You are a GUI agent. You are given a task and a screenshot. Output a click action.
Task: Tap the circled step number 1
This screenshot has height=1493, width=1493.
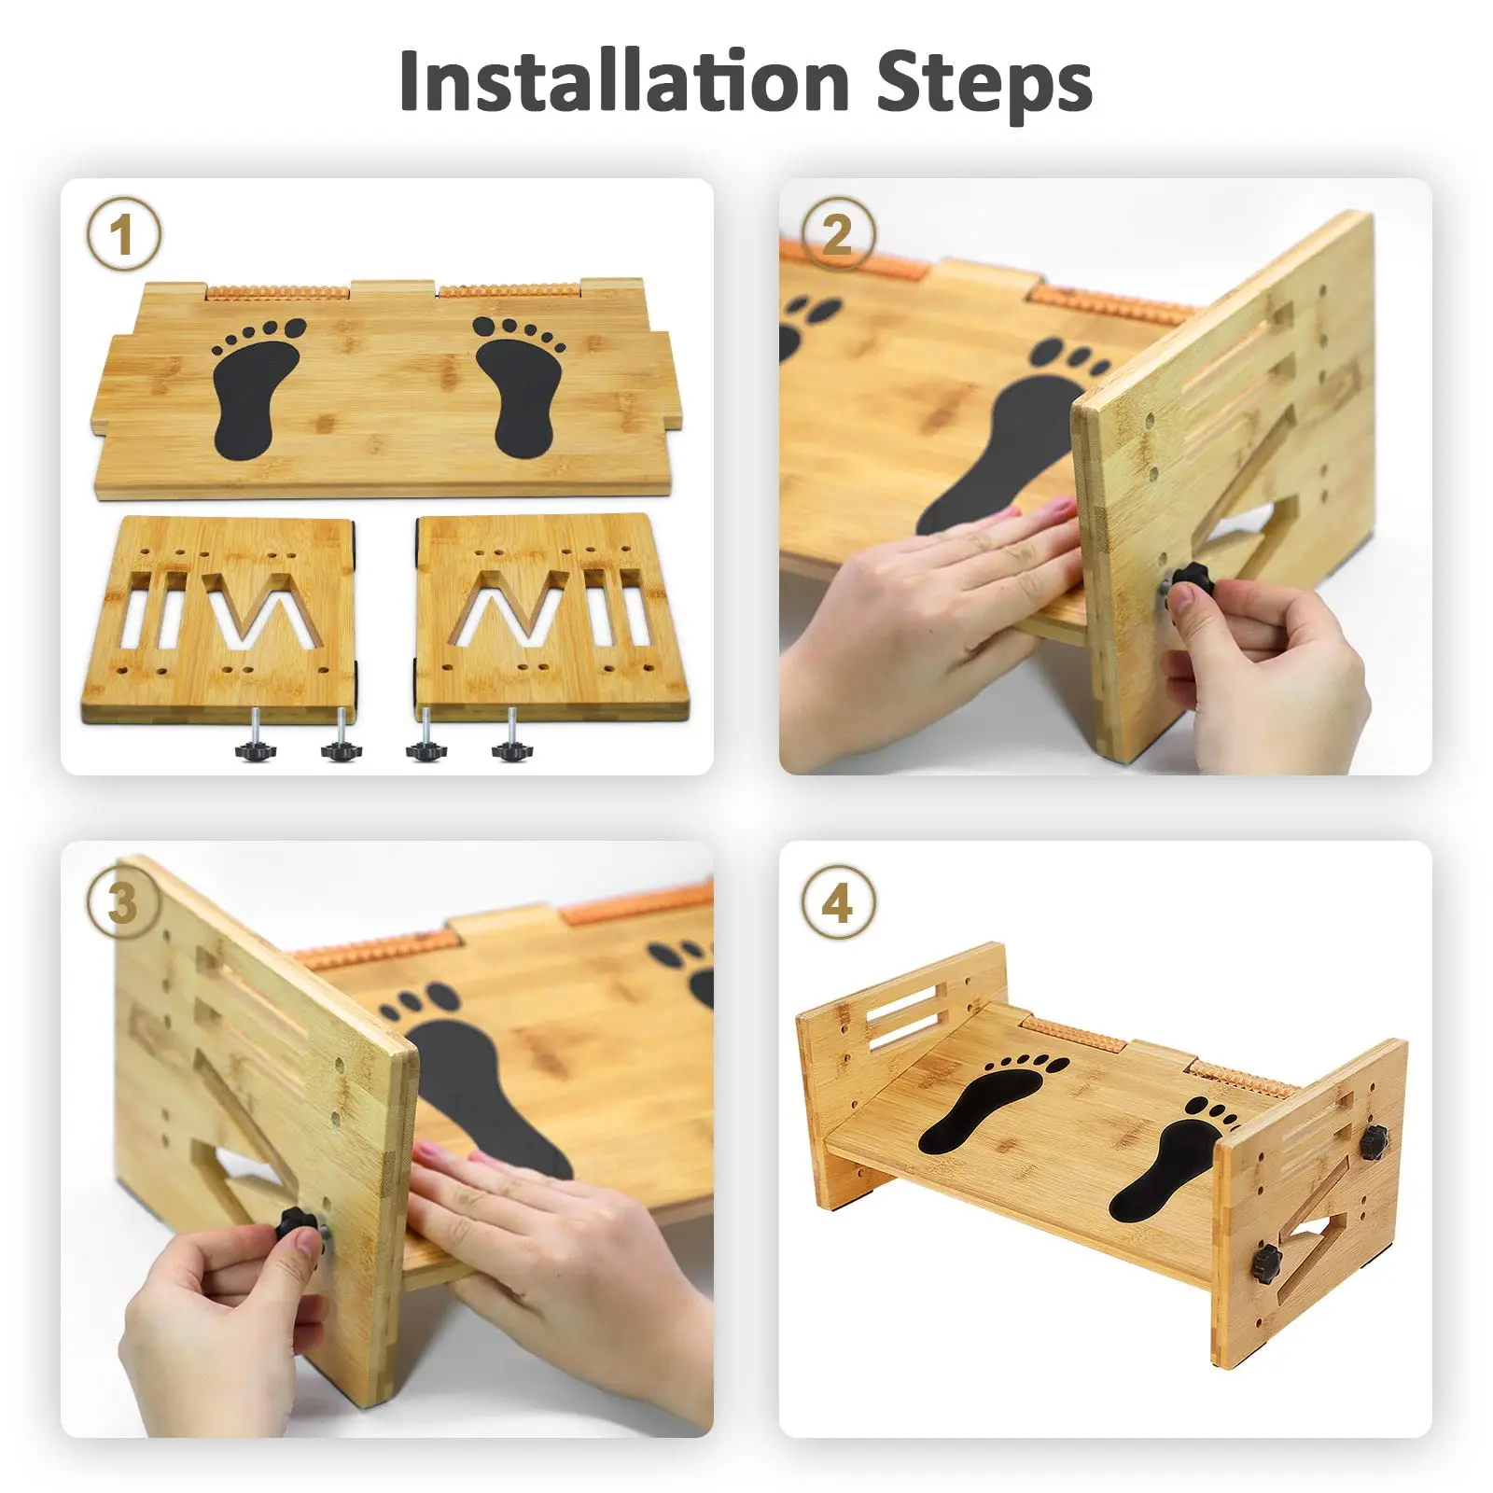[x=123, y=234]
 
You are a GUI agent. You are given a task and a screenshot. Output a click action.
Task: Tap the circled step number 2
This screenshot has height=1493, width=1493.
[x=838, y=234]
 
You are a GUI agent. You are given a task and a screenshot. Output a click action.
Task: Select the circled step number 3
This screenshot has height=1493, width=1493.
[x=123, y=903]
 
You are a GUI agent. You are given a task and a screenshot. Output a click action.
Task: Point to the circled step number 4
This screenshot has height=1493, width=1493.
[x=838, y=903]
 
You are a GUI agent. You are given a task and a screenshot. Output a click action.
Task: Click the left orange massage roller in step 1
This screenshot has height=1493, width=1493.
[x=277, y=292]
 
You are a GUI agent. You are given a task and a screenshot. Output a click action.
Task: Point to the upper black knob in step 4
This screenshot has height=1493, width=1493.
[x=1373, y=1140]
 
